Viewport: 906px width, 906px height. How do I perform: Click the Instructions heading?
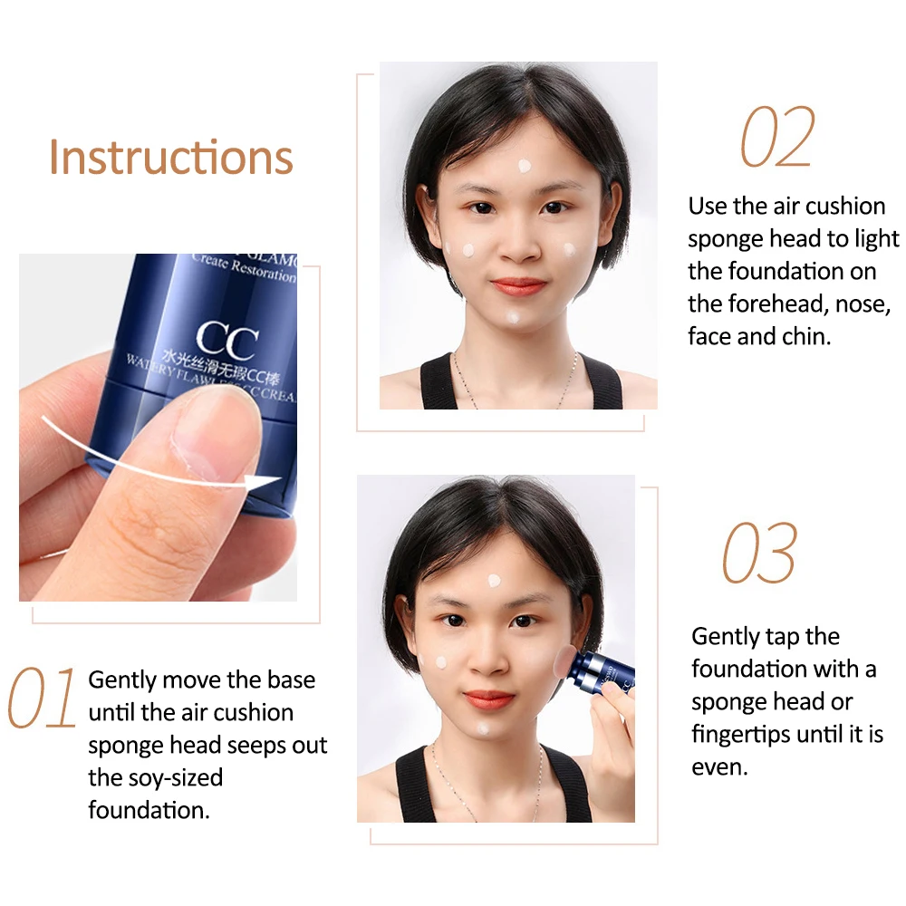[171, 157]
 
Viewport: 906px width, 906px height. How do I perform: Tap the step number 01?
[42, 699]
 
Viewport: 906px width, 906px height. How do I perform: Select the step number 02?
[778, 138]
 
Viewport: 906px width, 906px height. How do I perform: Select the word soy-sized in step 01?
[155, 777]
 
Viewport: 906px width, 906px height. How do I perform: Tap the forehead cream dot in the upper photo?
[524, 167]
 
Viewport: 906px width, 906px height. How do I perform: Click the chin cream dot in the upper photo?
[513, 319]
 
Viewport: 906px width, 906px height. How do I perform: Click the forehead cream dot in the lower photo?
[495, 581]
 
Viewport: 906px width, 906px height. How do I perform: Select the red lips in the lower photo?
[489, 699]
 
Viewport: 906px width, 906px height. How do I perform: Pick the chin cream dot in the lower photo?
[483, 728]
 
